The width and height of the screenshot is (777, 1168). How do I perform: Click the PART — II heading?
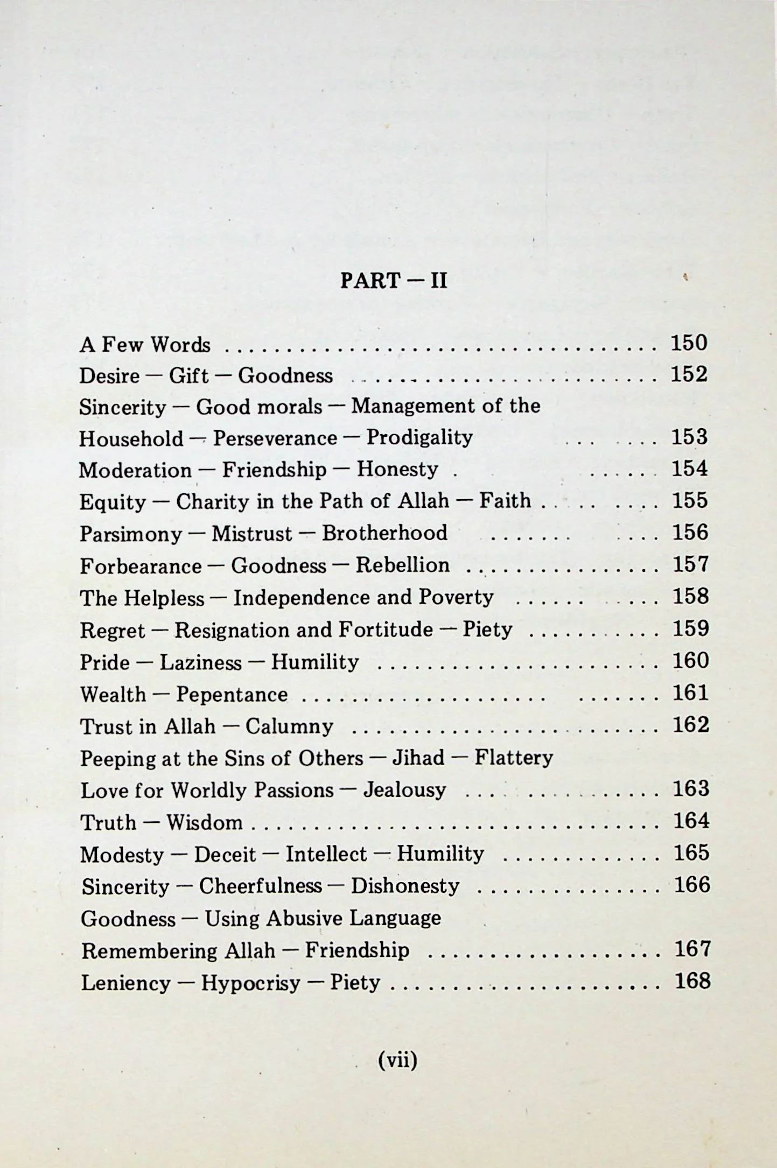click(394, 281)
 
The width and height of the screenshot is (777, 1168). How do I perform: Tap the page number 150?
click(689, 343)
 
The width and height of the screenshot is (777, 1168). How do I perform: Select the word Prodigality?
click(419, 437)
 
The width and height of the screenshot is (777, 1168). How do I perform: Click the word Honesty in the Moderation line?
click(397, 469)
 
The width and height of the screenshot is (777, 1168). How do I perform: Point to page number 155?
click(690, 501)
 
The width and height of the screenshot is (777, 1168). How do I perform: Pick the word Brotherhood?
click(384, 533)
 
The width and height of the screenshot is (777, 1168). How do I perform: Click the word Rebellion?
click(403, 565)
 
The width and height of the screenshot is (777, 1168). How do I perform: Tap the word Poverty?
click(456, 597)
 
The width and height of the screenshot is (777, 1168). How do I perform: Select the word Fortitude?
click(386, 630)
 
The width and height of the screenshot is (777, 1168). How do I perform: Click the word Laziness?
click(201, 662)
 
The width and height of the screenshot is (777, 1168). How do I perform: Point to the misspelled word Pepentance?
click(232, 695)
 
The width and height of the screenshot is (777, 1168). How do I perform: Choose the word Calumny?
click(289, 727)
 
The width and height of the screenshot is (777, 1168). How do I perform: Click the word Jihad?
click(418, 758)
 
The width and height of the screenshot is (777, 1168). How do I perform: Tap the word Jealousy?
click(405, 791)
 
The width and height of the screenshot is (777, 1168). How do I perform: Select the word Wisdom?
click(205, 823)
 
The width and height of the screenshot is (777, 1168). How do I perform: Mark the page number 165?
click(691, 853)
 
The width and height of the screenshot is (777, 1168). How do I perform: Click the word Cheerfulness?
click(261, 886)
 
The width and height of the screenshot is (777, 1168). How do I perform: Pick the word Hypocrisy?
click(251, 983)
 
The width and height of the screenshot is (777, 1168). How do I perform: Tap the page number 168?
click(692, 981)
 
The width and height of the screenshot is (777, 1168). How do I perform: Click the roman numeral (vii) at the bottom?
click(397, 1060)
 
